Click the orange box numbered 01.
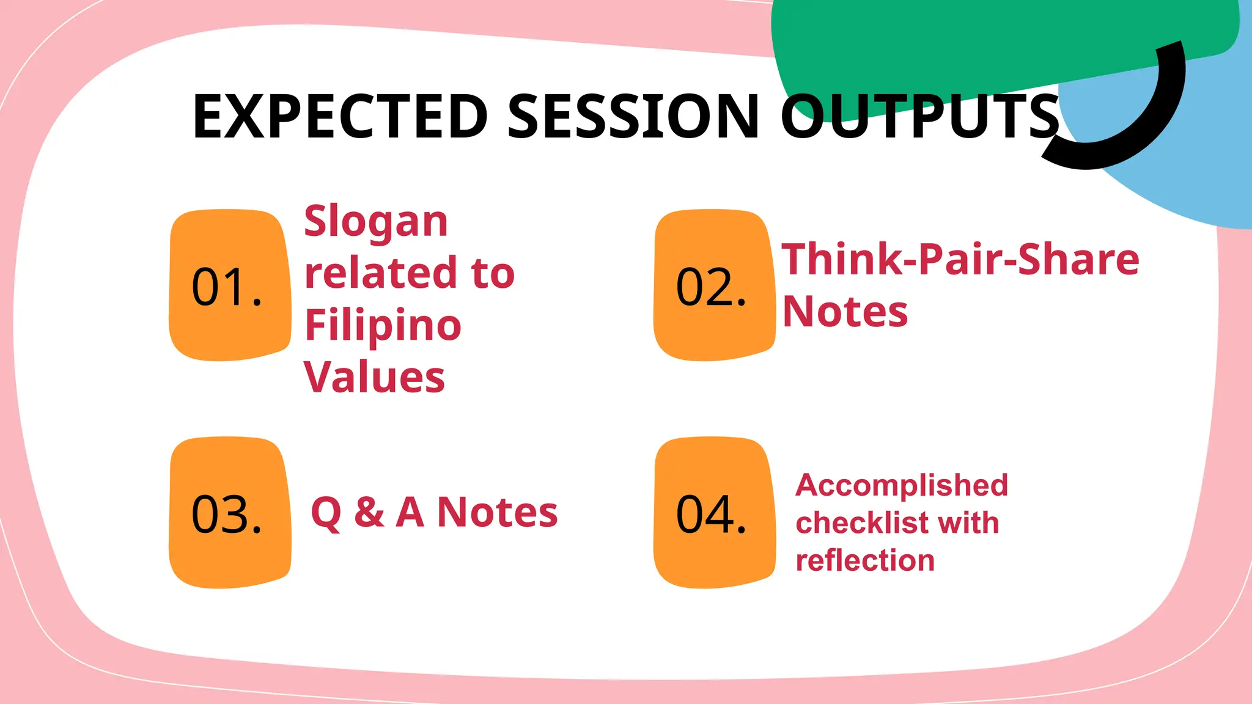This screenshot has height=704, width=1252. coord(229,286)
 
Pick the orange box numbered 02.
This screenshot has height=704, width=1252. coord(713,286)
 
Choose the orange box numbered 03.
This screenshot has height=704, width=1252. coord(229,513)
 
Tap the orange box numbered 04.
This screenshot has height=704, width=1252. coord(713,513)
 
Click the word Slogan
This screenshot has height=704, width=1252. coord(376,222)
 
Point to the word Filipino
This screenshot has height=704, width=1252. coord(383,326)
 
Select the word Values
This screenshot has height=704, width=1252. coord(374,377)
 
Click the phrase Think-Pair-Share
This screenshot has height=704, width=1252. coord(960,260)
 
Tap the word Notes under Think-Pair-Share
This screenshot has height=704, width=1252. coord(845,312)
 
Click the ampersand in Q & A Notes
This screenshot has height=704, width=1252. coord(369,512)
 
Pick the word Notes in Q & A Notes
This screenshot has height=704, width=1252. coord(497,512)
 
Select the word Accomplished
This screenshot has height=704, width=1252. coord(902,485)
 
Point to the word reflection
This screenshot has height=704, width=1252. coord(865,560)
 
